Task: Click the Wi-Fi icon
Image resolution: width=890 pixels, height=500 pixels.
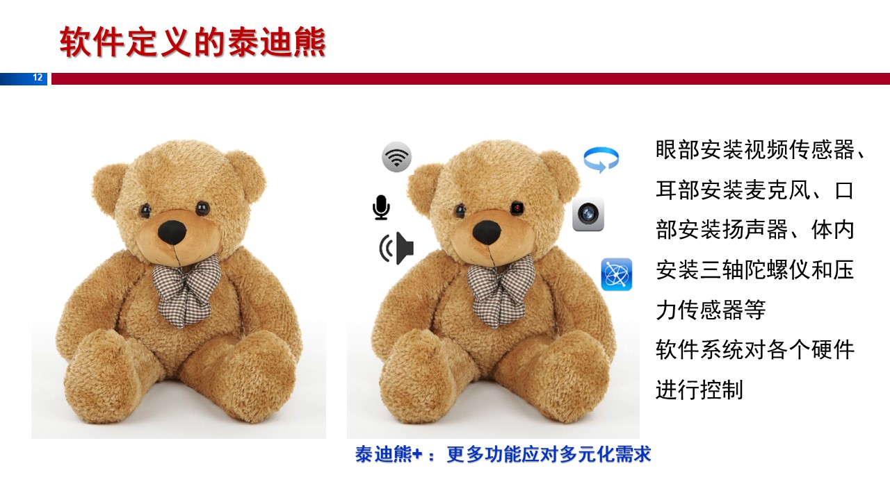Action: click(x=396, y=157)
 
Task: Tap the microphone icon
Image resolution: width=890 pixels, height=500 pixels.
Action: click(x=381, y=207)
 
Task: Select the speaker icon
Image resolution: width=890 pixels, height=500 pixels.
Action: click(x=396, y=249)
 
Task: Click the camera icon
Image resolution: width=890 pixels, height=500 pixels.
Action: click(x=588, y=215)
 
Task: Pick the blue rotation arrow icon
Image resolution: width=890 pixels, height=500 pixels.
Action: click(x=601, y=160)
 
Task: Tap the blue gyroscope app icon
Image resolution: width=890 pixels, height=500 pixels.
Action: click(x=616, y=274)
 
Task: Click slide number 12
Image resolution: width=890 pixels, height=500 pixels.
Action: click(x=38, y=78)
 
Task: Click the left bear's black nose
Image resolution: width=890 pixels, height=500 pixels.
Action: click(x=172, y=232)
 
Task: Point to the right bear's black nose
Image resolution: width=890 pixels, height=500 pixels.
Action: click(x=487, y=232)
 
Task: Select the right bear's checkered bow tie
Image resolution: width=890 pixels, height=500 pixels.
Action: click(x=501, y=290)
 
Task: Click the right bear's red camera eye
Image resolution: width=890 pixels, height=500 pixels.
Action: click(x=517, y=208)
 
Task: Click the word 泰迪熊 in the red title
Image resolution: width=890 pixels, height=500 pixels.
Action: click(x=277, y=42)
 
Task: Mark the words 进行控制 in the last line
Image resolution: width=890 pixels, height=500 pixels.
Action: click(x=699, y=390)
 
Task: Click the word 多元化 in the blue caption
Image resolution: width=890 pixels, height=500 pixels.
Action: click(x=588, y=454)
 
